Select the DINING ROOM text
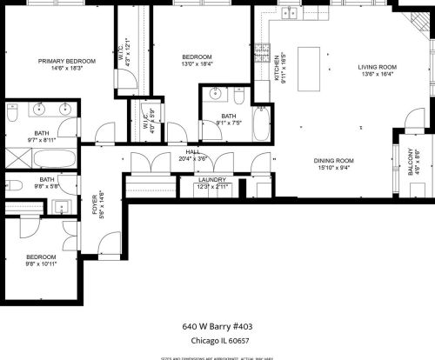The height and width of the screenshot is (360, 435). [334, 160]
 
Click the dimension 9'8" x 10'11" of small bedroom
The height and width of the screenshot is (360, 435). [41, 263]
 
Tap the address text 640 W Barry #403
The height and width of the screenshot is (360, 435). [217, 326]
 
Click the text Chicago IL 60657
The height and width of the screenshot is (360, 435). [217, 341]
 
